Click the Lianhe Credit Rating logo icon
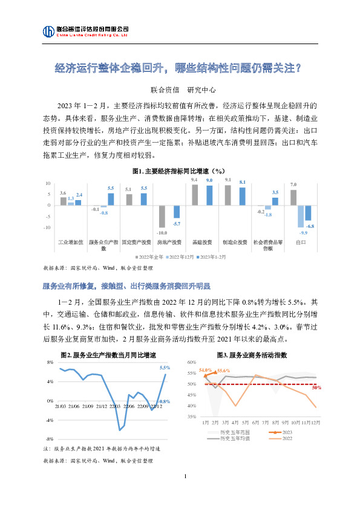(48, 31)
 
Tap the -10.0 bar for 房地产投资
(162, 216)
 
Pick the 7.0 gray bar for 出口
(293, 197)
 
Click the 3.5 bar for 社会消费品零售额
(275, 201)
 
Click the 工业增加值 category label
(70, 242)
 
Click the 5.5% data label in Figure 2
(165, 368)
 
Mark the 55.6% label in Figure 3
(223, 370)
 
